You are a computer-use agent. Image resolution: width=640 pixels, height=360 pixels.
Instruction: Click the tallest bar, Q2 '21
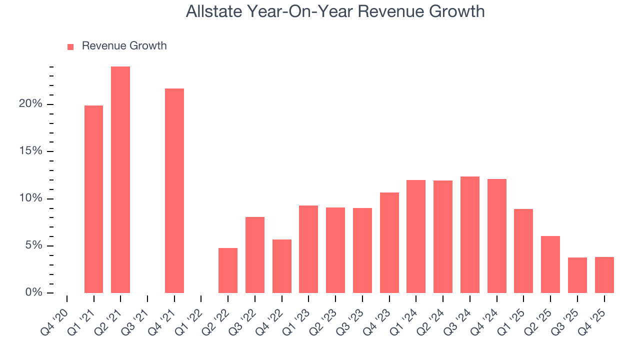click(120, 180)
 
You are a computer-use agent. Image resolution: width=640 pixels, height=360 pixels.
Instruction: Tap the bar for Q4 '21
click(174, 190)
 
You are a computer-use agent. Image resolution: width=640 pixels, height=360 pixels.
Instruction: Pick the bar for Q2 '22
click(228, 270)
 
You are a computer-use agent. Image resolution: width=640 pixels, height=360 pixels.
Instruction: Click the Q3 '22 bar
click(255, 255)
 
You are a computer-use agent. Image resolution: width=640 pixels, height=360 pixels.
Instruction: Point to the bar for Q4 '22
click(282, 266)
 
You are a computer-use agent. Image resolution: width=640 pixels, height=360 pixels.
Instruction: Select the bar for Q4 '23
click(389, 242)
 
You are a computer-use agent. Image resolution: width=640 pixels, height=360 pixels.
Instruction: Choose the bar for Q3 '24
click(470, 234)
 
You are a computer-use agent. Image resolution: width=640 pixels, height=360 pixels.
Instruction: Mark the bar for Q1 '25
click(523, 251)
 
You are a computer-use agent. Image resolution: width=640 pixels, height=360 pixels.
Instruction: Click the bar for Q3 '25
click(577, 275)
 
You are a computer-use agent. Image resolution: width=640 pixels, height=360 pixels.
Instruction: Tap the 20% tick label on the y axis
click(30, 104)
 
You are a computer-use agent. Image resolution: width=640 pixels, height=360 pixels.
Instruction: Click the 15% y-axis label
click(30, 151)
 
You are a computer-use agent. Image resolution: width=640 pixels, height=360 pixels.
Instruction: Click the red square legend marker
click(70, 46)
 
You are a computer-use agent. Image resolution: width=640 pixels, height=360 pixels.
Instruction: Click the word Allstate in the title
click(214, 11)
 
